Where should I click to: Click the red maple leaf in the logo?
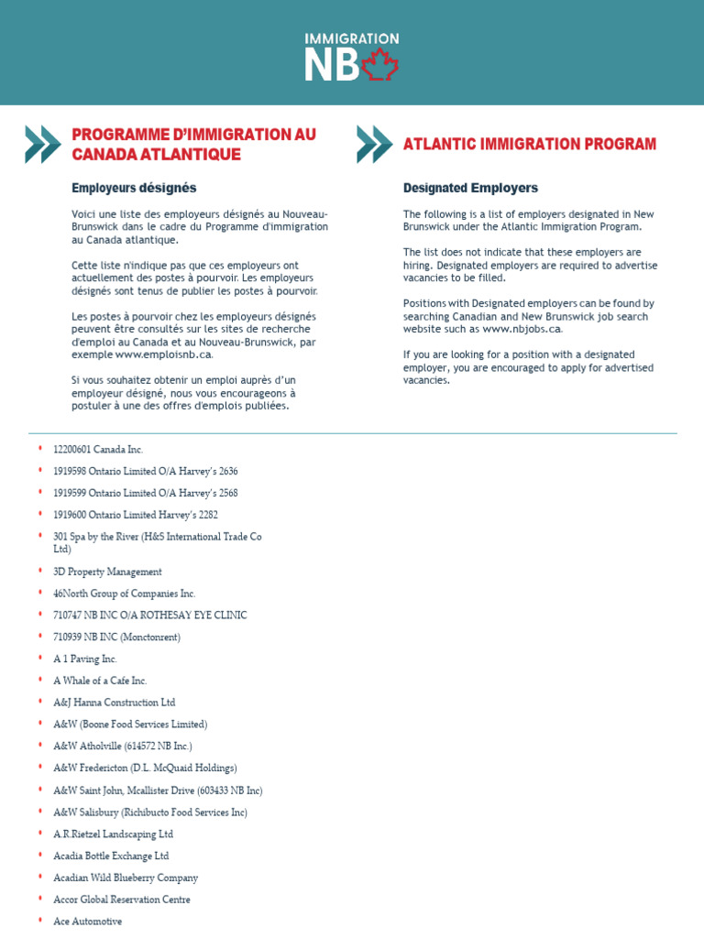point(381,66)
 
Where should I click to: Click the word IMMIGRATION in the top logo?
point(352,38)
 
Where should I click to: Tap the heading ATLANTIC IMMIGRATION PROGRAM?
point(530,144)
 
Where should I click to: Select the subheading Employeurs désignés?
point(134,188)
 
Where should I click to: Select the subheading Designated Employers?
point(470,188)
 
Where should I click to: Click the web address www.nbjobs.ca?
point(522,329)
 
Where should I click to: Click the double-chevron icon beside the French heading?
point(42,144)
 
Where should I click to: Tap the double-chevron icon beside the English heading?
point(373,144)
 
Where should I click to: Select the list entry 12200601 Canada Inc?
point(98,450)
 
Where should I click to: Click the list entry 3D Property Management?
point(107,572)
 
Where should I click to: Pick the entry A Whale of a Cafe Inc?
point(100,681)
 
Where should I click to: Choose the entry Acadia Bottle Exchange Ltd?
point(111,856)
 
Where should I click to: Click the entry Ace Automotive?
point(87,922)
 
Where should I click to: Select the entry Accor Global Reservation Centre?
point(122,900)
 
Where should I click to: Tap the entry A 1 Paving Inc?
point(85,659)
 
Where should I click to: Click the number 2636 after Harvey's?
point(225,471)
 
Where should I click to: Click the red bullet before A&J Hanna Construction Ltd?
point(40,702)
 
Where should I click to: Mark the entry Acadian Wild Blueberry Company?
point(126,878)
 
